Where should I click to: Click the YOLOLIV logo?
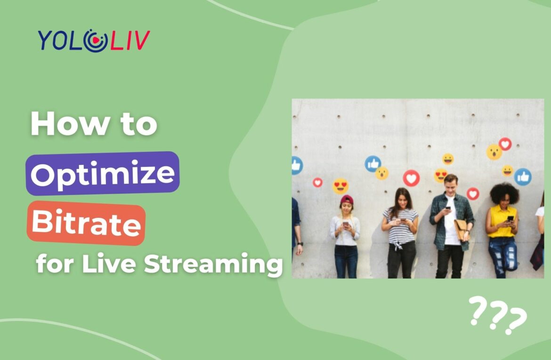tap(94, 40)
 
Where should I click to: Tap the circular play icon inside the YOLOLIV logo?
tap(94, 41)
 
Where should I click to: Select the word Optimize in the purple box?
tap(103, 173)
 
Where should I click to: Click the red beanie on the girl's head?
tap(347, 200)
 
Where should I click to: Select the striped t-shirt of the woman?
tap(400, 226)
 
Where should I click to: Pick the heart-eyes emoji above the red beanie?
tap(340, 186)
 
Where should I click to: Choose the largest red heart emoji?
tap(411, 178)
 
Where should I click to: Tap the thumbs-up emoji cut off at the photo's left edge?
tap(296, 165)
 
